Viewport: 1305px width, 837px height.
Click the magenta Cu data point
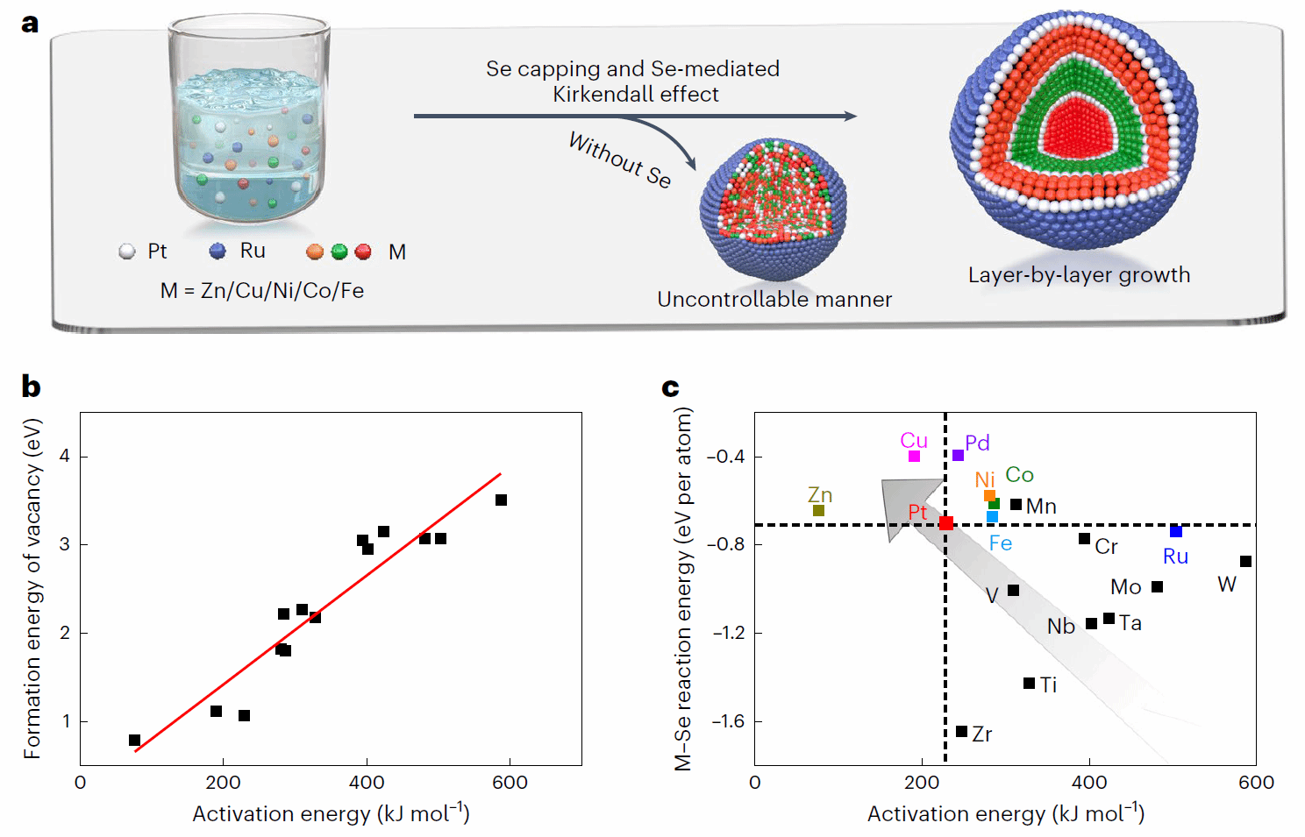coord(914,456)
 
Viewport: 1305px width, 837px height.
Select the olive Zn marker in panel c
coord(818,510)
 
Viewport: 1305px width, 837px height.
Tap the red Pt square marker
coord(945,523)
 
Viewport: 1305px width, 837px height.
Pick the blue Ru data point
coord(1175,531)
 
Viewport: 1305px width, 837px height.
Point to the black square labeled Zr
coord(961,731)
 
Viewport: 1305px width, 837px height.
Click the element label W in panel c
coord(1227,585)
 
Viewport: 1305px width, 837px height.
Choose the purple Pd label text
coord(977,443)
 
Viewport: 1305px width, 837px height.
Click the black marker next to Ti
coord(1029,683)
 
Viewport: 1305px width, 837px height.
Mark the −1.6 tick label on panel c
coord(727,721)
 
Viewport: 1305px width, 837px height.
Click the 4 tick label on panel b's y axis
coord(65,456)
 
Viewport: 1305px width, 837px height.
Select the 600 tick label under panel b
coord(510,783)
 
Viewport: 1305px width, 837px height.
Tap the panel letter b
coord(31,387)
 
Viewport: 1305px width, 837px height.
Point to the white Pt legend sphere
coord(127,252)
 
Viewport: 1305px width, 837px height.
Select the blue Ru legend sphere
coord(217,252)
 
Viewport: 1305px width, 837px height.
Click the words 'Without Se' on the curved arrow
coord(619,160)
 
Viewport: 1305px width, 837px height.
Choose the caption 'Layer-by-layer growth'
coord(1079,275)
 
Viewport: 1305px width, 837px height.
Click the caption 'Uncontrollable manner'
coord(774,300)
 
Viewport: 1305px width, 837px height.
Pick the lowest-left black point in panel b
coord(134,740)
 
